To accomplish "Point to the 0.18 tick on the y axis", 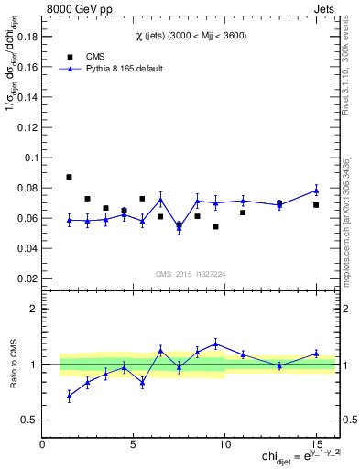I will coord(29,37).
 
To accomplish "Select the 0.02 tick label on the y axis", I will coord(29,278).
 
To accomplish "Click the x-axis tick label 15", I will coord(315,445).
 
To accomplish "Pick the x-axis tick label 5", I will coord(134,445).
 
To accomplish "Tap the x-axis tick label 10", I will coord(224,445).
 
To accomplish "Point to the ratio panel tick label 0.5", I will coord(29,420).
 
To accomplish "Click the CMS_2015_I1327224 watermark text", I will coord(190,273).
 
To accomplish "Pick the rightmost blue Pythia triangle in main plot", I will coord(315,191).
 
